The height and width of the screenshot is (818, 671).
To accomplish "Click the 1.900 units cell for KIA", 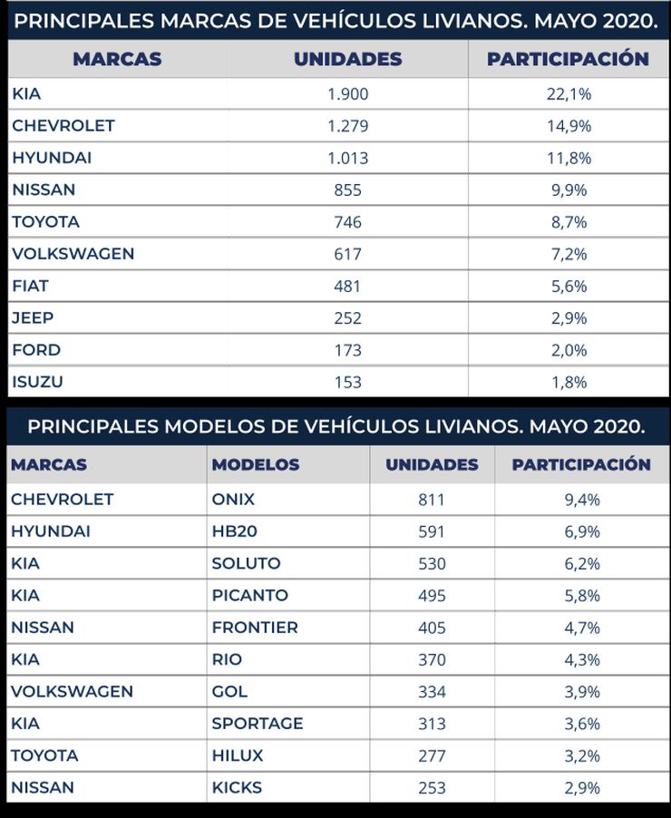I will [347, 93].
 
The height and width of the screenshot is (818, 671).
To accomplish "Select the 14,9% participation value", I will [569, 125].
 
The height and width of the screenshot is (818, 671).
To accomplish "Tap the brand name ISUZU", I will [37, 382].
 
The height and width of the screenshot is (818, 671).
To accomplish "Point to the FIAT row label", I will [30, 286].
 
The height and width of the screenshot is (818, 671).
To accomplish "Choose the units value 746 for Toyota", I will [347, 221].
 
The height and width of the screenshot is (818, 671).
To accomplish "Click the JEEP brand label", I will [33, 317].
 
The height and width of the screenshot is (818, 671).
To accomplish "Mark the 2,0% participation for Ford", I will [569, 350].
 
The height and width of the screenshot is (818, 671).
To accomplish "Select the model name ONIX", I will [233, 499].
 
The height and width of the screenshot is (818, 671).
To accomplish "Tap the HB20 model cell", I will [234, 531].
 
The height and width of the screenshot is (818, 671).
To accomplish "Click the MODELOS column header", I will [256, 464].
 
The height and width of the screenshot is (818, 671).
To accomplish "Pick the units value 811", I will [432, 499].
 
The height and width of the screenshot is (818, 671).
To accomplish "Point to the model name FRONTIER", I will [255, 627].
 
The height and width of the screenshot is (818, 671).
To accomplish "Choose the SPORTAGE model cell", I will [258, 723].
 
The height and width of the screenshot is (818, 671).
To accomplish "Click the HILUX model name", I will [238, 755].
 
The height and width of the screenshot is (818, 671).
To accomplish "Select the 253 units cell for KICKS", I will [432, 787].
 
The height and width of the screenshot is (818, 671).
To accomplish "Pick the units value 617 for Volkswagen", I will [347, 254].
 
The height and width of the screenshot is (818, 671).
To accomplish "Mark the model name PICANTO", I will [250, 595].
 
